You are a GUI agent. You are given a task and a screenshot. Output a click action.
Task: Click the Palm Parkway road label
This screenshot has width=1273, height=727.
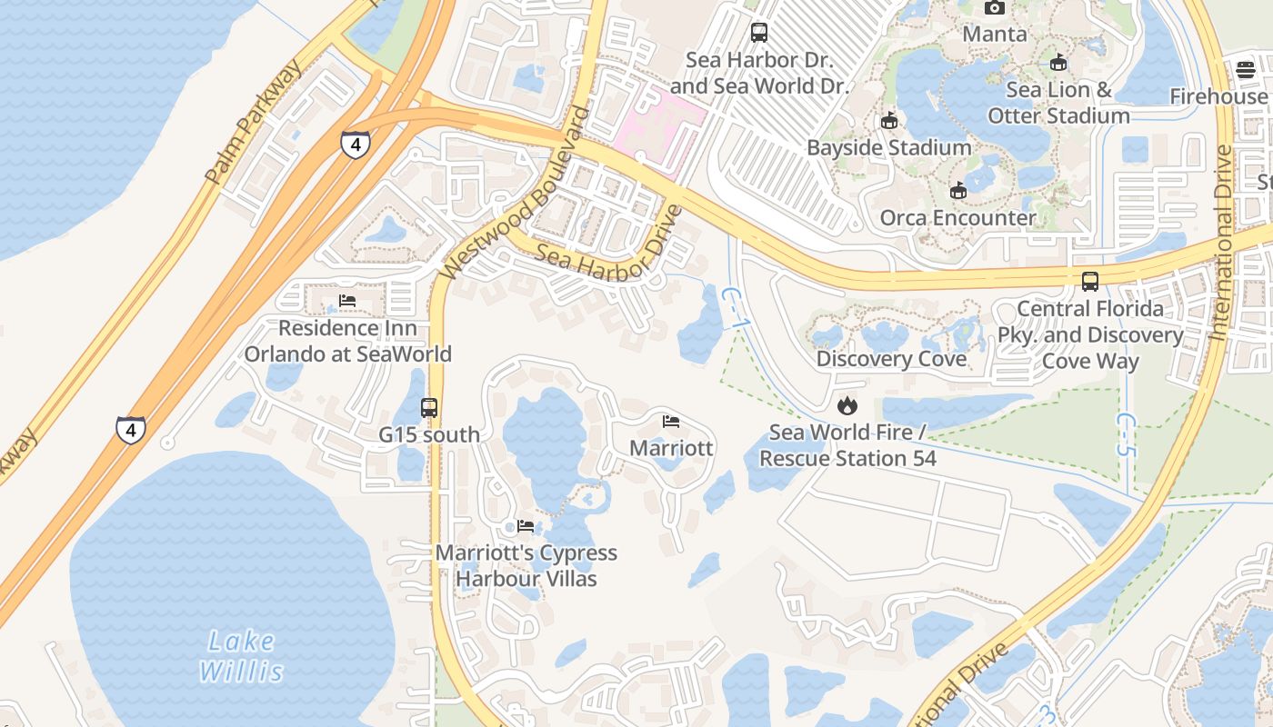pos(254,123)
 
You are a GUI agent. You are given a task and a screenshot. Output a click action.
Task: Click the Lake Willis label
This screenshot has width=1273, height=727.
pos(241,656)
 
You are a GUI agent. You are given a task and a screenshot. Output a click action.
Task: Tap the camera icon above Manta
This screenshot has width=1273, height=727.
pos(995,8)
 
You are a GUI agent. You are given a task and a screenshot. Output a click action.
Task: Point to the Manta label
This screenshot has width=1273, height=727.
pos(995,35)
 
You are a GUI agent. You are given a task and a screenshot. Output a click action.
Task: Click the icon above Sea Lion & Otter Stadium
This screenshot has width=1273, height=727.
pos(1057,62)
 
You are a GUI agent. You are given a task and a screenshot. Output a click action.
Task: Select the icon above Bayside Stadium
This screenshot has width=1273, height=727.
pos(888,120)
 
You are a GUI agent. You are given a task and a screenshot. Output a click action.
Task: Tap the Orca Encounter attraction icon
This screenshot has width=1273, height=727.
pos(957,190)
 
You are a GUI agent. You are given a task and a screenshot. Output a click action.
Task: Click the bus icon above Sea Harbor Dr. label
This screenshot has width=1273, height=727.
pos(758,33)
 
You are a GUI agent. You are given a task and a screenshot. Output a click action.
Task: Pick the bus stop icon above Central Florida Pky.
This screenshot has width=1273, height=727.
pos(1089,281)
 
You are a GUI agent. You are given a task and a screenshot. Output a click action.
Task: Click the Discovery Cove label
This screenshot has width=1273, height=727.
pos(891,358)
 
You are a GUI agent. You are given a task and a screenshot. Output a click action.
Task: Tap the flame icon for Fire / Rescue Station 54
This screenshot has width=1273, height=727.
pos(847,405)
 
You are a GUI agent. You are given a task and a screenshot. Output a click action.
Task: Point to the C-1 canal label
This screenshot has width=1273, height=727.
pos(735,309)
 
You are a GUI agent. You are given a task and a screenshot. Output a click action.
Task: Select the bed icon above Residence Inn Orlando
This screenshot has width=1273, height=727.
pos(346,301)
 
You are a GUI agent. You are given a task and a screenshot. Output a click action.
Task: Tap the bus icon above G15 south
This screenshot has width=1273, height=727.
pos(429,408)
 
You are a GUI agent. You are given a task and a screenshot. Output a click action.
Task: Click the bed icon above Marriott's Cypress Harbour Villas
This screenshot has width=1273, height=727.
pos(525,526)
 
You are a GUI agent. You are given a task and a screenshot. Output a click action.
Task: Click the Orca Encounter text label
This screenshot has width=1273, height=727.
pos(957,218)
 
